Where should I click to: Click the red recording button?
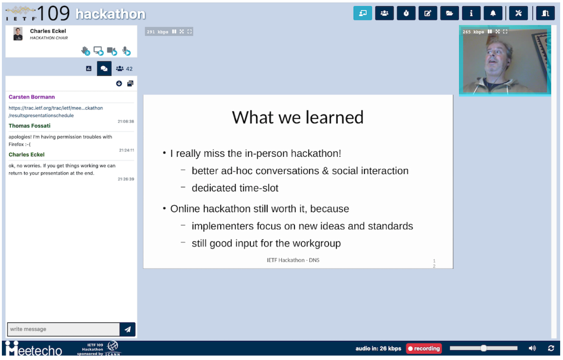[424, 348]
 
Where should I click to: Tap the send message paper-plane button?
[128, 329]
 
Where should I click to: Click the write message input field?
[63, 329]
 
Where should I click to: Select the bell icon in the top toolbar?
[493, 13]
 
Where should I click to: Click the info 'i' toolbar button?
[471, 13]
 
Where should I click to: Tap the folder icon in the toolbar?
[449, 13]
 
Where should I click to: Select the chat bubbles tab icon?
[104, 69]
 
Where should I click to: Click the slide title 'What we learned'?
[298, 118]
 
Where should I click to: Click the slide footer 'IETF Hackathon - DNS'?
[293, 260]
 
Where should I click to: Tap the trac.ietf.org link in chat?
[55, 108]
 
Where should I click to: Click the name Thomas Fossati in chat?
[29, 126]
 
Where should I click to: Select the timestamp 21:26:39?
[126, 179]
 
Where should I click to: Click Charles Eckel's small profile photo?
[18, 34]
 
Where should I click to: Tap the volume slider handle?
[483, 348]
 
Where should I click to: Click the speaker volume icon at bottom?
[532, 348]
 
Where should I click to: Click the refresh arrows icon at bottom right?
[551, 348]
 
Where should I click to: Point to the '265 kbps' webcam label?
[473, 32]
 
